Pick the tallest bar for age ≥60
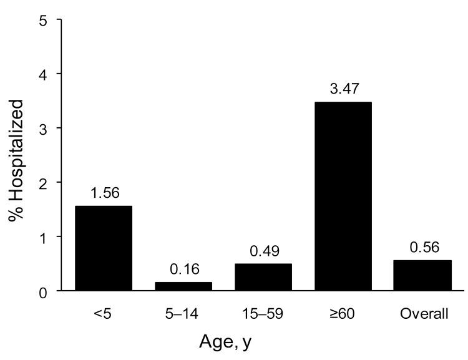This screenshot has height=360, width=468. coord(344,197)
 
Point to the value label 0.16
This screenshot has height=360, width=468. coord(183,271)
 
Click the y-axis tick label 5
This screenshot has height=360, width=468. coord(43,20)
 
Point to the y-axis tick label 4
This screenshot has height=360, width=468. coord(43,74)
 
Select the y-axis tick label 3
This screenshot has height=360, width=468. coord(43,129)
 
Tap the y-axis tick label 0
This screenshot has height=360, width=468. coord(43,291)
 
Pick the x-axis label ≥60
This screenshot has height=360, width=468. coord(344,314)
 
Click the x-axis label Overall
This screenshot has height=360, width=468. coord(424,314)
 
